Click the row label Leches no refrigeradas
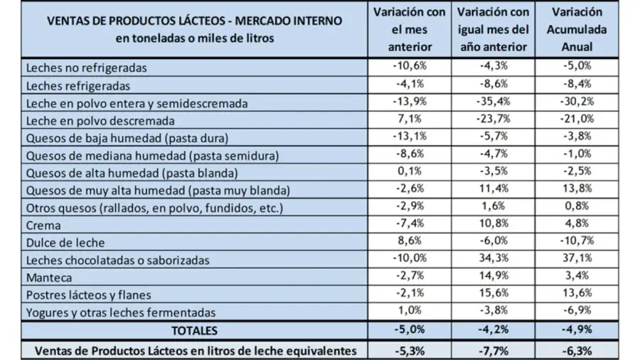pyautogui.click(x=86, y=68)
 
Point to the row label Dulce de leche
pyautogui.click(x=64, y=243)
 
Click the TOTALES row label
pyautogui.click(x=193, y=330)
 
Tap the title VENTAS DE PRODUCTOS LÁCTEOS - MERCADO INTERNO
pyautogui.click(x=193, y=21)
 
